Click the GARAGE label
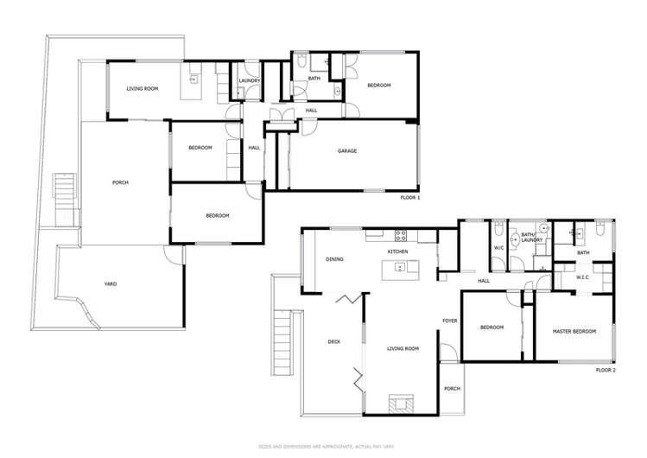pyautogui.click(x=347, y=151)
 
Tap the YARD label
pyautogui.click(x=111, y=284)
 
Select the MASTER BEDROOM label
pyautogui.click(x=574, y=331)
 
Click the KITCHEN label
pyautogui.click(x=397, y=251)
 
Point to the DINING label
pyautogui.click(x=335, y=259)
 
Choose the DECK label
pyautogui.click(x=333, y=342)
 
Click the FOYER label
pyautogui.click(x=449, y=321)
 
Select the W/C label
pyautogui.click(x=498, y=248)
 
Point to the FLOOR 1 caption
pyautogui.click(x=409, y=198)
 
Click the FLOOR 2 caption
pyautogui.click(x=606, y=370)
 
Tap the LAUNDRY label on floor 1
pyautogui.click(x=250, y=81)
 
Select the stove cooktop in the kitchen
pyautogui.click(x=401, y=233)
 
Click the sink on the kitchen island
pyautogui.click(x=400, y=267)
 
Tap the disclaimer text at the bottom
pyautogui.click(x=323, y=446)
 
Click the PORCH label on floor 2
pyautogui.click(x=452, y=388)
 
